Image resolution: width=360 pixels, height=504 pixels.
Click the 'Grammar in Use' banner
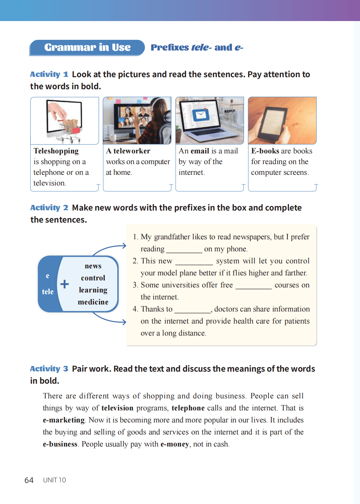87,47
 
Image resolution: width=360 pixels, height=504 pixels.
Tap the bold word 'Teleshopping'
56,151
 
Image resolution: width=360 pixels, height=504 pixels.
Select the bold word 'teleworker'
132,151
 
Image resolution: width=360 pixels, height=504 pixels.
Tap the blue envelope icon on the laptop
201,115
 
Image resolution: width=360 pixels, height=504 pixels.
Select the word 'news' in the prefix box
93,266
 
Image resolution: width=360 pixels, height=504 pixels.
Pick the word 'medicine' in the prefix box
93,302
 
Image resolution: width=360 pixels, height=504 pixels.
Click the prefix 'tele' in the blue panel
48,292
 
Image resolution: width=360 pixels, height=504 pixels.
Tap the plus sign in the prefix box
65,284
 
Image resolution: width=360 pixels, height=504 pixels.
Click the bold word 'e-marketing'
64,420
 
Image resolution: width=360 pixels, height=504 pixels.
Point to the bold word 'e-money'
174,444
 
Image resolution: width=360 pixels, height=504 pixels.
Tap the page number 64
29,480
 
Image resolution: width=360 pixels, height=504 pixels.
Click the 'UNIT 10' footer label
54,480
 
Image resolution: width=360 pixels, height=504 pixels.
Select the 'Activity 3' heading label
49,369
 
